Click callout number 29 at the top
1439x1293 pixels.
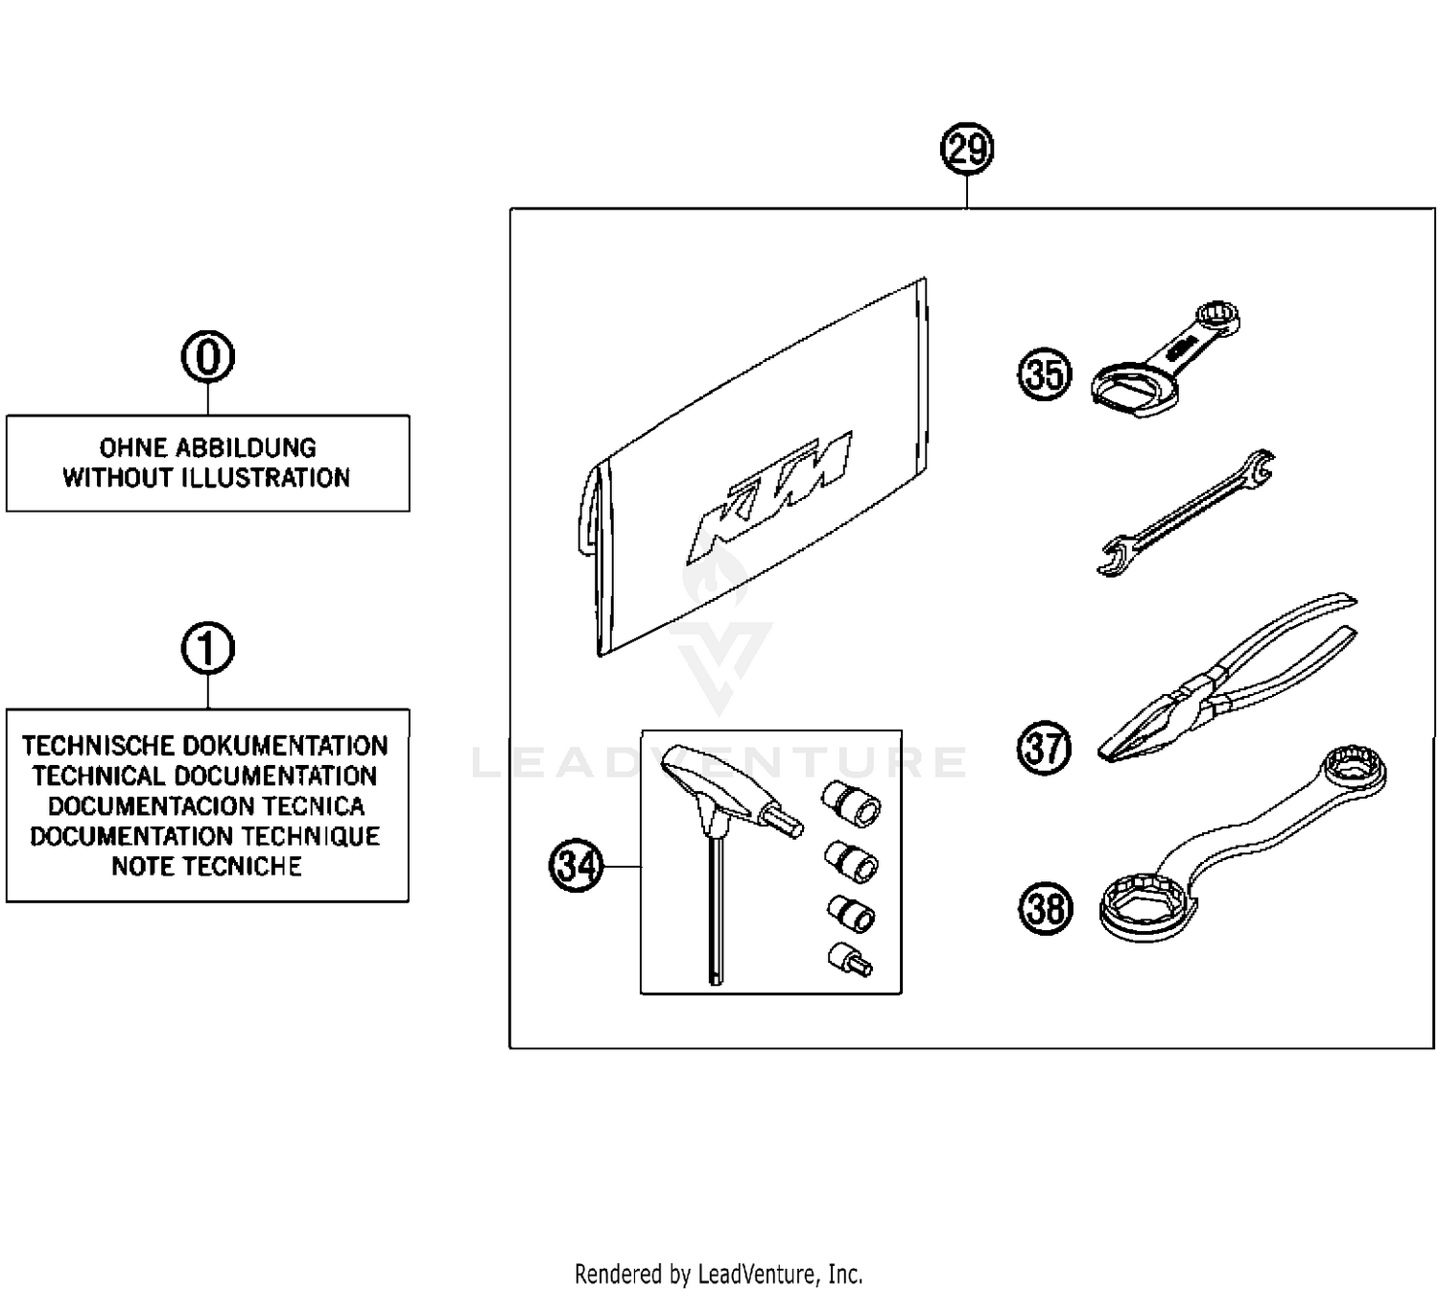point(966,150)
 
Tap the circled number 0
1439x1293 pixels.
point(207,357)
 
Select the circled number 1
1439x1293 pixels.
point(207,649)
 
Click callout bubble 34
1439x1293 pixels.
point(576,866)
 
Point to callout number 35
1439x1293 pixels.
point(1044,374)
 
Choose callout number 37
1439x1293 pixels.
point(1044,748)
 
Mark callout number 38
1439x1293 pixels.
point(1045,908)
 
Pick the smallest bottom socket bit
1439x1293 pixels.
point(850,959)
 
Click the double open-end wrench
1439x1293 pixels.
point(1186,513)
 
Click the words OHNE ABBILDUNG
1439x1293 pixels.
point(207,447)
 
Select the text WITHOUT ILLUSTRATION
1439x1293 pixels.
point(207,478)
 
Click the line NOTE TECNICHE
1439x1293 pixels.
point(207,867)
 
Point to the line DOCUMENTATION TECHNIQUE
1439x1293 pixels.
point(205,836)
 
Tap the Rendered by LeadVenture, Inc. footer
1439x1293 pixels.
point(719,1274)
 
